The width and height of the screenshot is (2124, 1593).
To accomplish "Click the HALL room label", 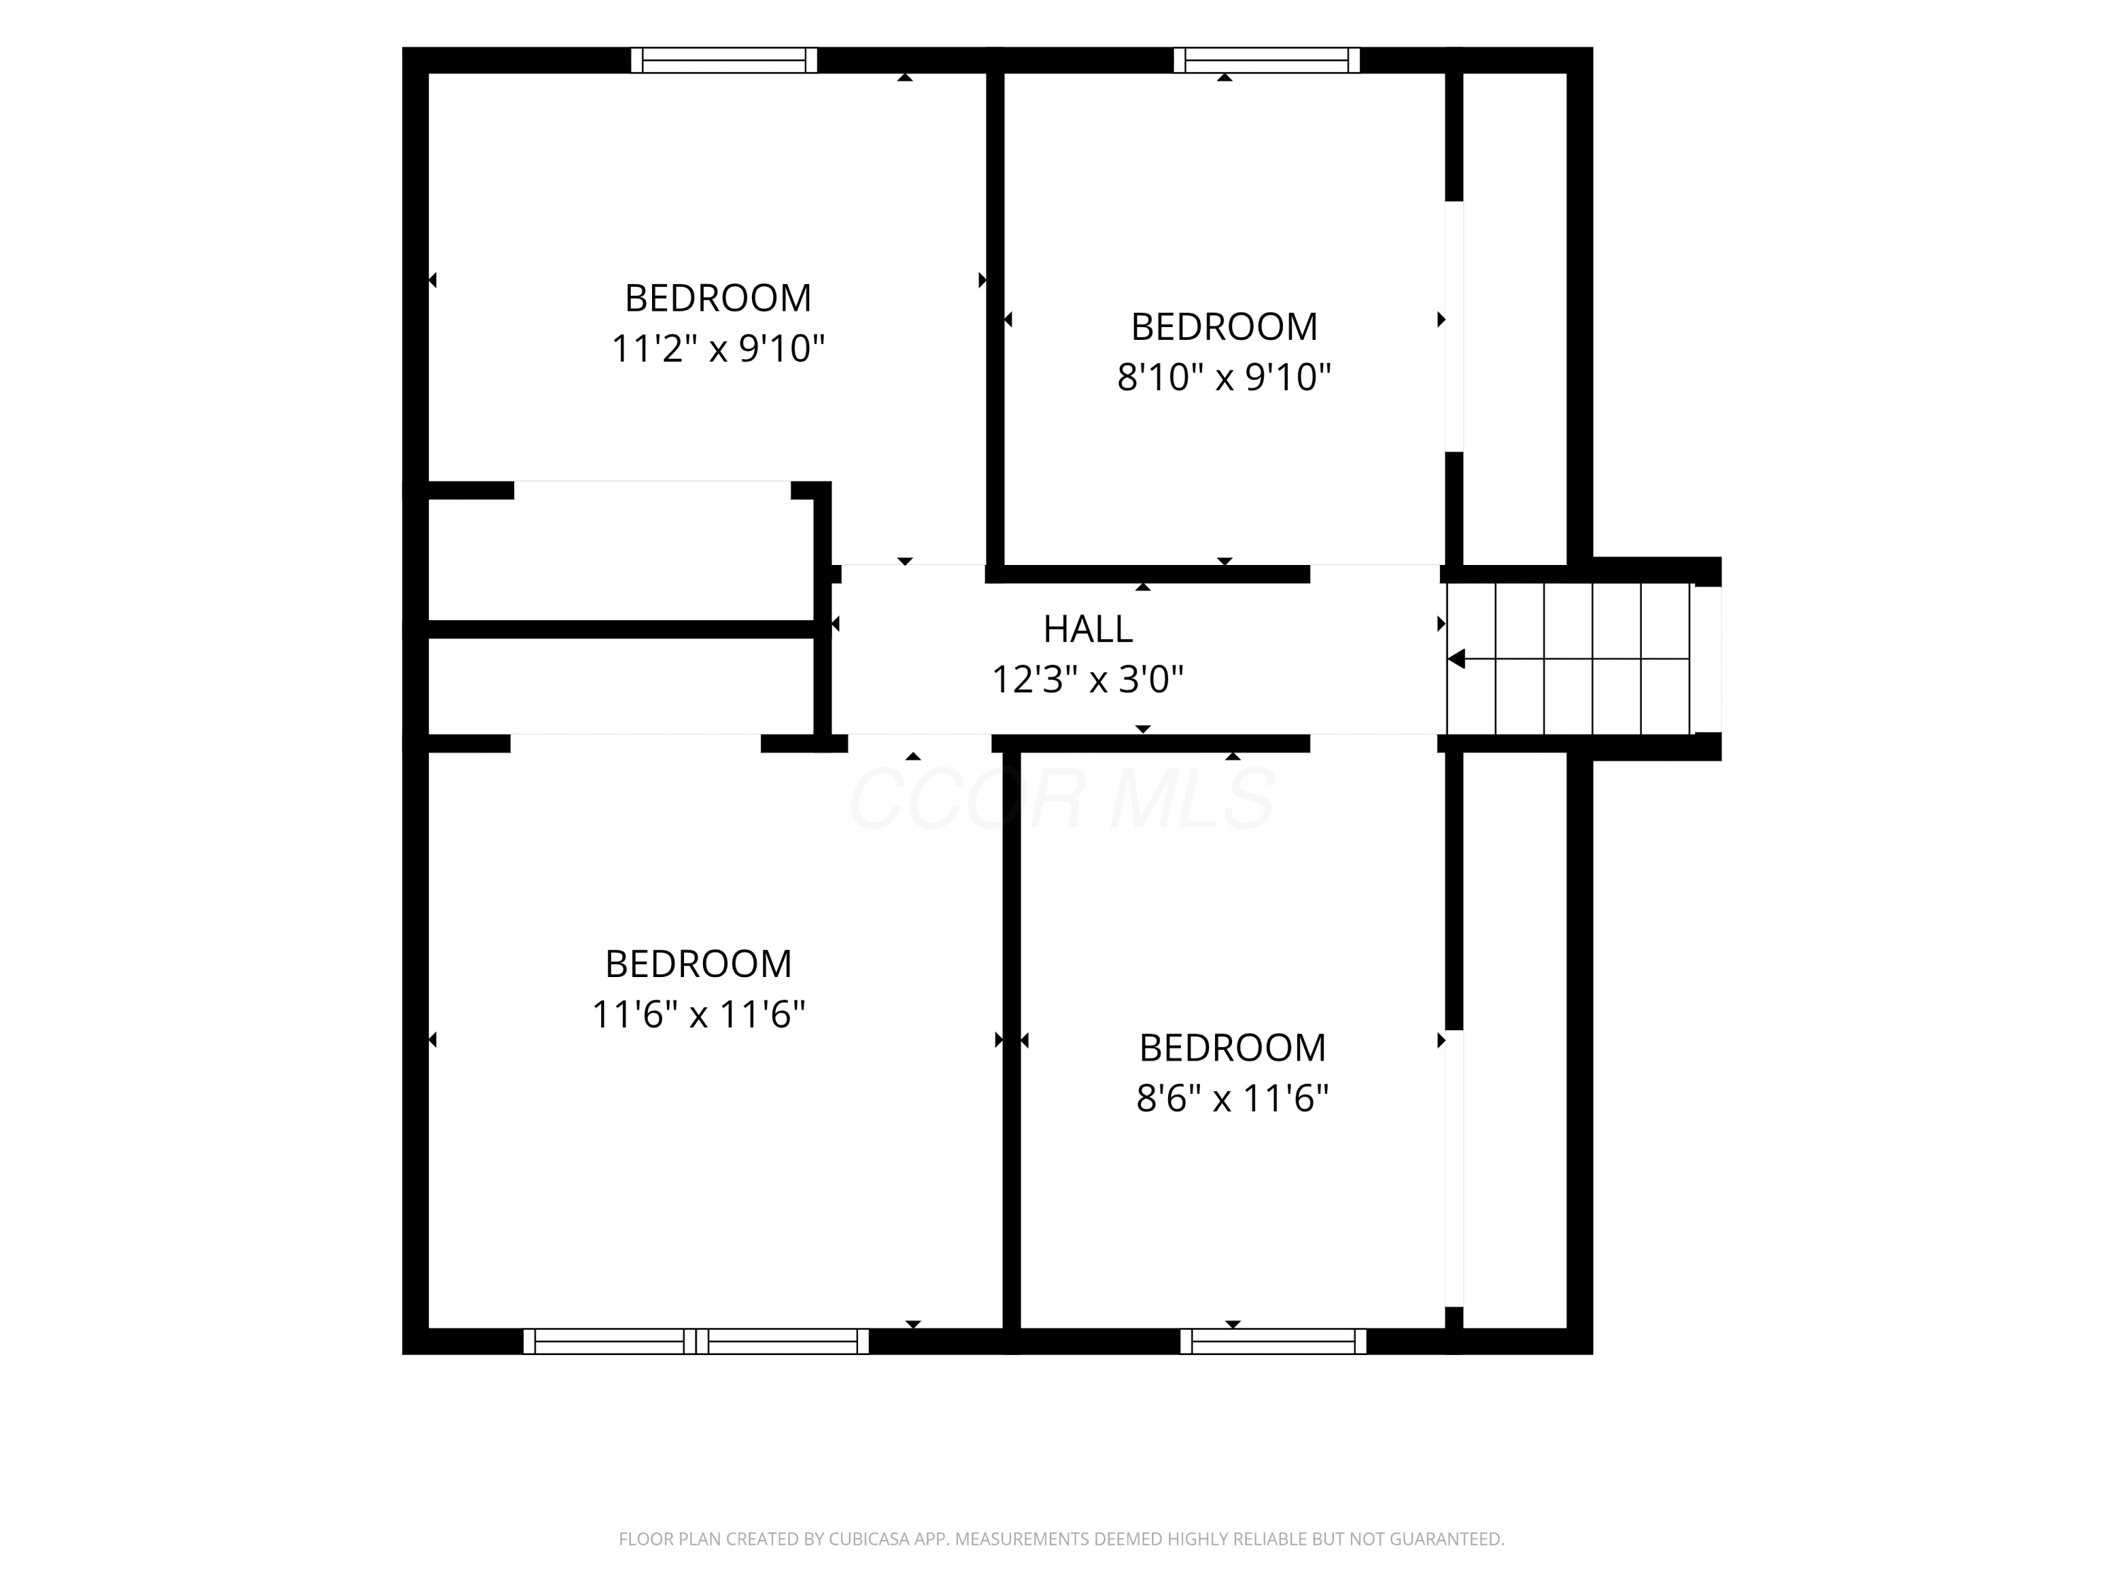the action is click(x=1088, y=629).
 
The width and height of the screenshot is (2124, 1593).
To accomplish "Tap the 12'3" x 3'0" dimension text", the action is click(x=1088, y=680).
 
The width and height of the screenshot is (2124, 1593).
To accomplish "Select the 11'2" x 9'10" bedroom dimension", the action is click(x=718, y=348).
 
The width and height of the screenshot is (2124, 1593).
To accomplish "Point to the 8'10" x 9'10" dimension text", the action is click(x=1224, y=377).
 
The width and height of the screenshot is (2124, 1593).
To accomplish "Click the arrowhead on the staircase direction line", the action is click(x=1456, y=658).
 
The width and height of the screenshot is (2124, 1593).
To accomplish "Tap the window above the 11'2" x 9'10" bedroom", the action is click(x=724, y=60).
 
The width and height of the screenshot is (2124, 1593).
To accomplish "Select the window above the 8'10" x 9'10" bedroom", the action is click(x=1267, y=60).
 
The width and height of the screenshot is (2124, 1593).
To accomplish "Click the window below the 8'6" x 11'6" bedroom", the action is click(x=1273, y=1342).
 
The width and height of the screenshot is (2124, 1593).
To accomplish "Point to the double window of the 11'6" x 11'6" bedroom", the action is click(x=696, y=1342).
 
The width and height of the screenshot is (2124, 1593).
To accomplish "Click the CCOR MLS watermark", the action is click(x=1062, y=799).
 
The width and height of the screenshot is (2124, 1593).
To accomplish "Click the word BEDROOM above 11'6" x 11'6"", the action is click(x=699, y=964).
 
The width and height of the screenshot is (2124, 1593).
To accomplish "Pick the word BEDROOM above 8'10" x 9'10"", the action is click(x=1224, y=327).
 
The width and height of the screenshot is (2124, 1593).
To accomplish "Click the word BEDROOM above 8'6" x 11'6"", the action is click(x=1233, y=1048).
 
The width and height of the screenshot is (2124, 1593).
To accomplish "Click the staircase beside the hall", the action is click(x=1569, y=658).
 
